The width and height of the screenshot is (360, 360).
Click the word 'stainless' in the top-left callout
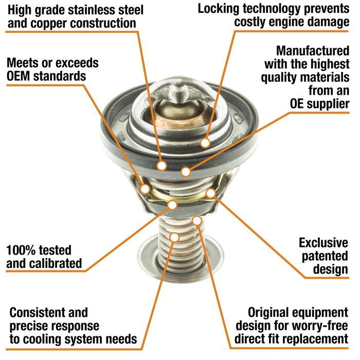click(92, 10)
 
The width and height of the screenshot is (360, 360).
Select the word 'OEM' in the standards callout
click(19, 76)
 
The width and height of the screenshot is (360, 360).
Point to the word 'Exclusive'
click(323, 243)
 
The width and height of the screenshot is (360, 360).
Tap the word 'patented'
click(325, 256)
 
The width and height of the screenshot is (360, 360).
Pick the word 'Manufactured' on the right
click(313, 51)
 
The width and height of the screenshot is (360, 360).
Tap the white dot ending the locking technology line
click(205, 143)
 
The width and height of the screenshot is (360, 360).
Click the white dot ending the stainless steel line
click(161, 165)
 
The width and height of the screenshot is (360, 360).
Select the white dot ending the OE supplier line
click(186, 171)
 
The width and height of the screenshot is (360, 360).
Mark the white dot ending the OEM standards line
click(145, 189)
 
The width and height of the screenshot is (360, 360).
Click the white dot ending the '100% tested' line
click(172, 205)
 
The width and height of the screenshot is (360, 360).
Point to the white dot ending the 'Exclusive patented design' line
click(210, 193)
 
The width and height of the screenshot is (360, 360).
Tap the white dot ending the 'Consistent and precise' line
click(174, 237)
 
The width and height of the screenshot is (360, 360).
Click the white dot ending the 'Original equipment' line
click(197, 221)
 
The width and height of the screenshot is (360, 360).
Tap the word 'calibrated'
click(56, 263)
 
